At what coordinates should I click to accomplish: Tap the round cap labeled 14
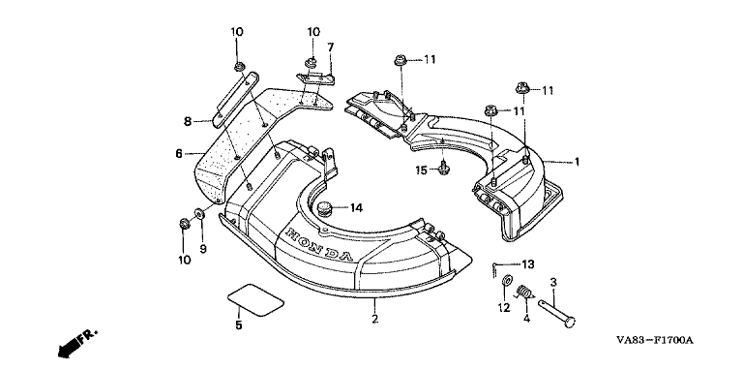(x=324, y=208)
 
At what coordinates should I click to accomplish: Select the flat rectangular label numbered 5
(x=255, y=300)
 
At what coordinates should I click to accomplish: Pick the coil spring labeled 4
(x=522, y=292)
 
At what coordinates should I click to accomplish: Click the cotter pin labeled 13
(x=494, y=269)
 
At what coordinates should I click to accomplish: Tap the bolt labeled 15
(x=444, y=169)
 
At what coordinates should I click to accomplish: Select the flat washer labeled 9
(x=199, y=213)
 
